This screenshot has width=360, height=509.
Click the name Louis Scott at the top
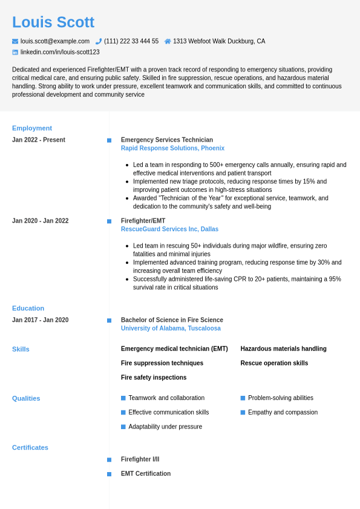[x=53, y=22]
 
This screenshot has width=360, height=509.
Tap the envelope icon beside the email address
[x=15, y=41]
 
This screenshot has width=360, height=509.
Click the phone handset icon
[x=99, y=41]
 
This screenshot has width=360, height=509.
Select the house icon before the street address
[x=168, y=41]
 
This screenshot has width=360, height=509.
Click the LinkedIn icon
[x=15, y=52]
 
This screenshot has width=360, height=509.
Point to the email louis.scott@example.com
[x=55, y=41]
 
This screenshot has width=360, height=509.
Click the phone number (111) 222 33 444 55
[x=131, y=41]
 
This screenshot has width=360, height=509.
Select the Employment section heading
[x=32, y=128]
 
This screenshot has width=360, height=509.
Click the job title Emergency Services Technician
[x=167, y=140]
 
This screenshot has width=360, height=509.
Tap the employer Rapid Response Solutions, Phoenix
[x=172, y=148]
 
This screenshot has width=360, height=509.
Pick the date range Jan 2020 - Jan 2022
[x=41, y=221]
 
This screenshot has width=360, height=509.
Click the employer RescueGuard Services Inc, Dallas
[x=169, y=229]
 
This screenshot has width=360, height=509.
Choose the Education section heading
[x=28, y=308]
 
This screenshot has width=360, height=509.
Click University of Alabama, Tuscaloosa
[x=171, y=329]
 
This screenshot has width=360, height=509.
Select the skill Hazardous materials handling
[x=283, y=349]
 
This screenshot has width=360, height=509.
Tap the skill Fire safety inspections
[x=154, y=378]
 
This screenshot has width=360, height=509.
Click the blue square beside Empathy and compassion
[x=243, y=413]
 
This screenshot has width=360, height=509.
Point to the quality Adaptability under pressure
[x=165, y=427]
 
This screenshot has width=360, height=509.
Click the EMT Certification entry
[x=146, y=474]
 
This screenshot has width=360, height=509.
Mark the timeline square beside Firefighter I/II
[x=110, y=460]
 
